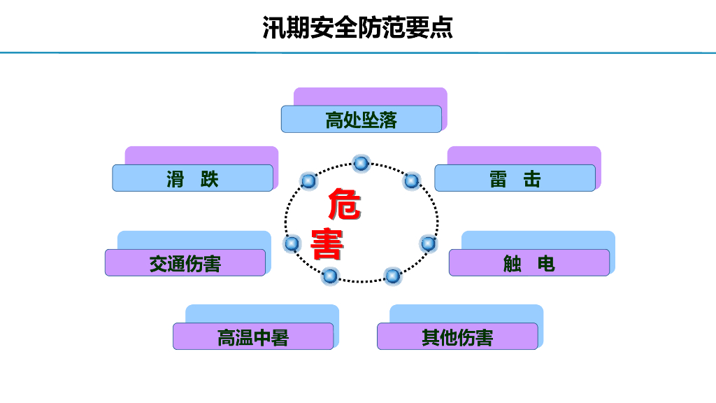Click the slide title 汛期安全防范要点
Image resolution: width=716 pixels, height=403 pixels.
pyautogui.click(x=357, y=27)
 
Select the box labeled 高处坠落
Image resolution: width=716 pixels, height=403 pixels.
pyautogui.click(x=361, y=119)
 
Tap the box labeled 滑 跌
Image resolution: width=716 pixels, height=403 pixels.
pyautogui.click(x=193, y=178)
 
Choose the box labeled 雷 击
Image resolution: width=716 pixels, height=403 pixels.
pyautogui.click(x=515, y=178)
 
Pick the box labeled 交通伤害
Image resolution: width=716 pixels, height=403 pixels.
pyautogui.click(x=185, y=263)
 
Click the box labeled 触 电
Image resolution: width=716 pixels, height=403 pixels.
pyautogui.click(x=529, y=263)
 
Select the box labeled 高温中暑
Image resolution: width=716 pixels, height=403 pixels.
pyautogui.click(x=253, y=337)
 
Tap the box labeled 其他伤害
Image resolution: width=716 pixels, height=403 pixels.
pyautogui.click(x=457, y=337)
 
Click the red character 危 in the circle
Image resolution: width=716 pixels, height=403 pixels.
pyautogui.click(x=344, y=204)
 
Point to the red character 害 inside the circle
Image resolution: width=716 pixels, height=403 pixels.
pyautogui.click(x=327, y=244)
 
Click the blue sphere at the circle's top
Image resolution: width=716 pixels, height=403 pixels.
pyautogui.click(x=361, y=163)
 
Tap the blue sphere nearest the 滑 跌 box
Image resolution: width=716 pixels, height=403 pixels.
pyautogui.click(x=308, y=181)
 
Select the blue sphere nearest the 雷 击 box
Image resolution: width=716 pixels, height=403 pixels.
pyautogui.click(x=411, y=181)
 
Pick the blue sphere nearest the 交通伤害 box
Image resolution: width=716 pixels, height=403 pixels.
pyautogui.click(x=292, y=243)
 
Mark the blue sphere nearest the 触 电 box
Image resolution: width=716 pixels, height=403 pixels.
pyautogui.click(x=428, y=243)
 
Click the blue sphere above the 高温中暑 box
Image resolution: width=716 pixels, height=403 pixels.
pyautogui.click(x=330, y=276)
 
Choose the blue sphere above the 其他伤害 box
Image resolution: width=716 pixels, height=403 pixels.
pyautogui.click(x=392, y=276)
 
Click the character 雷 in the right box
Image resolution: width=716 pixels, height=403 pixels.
pyautogui.click(x=498, y=179)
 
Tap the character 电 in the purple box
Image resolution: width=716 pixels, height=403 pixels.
pyautogui.click(x=546, y=264)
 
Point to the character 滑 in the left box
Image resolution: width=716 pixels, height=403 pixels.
pyautogui.click(x=176, y=179)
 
